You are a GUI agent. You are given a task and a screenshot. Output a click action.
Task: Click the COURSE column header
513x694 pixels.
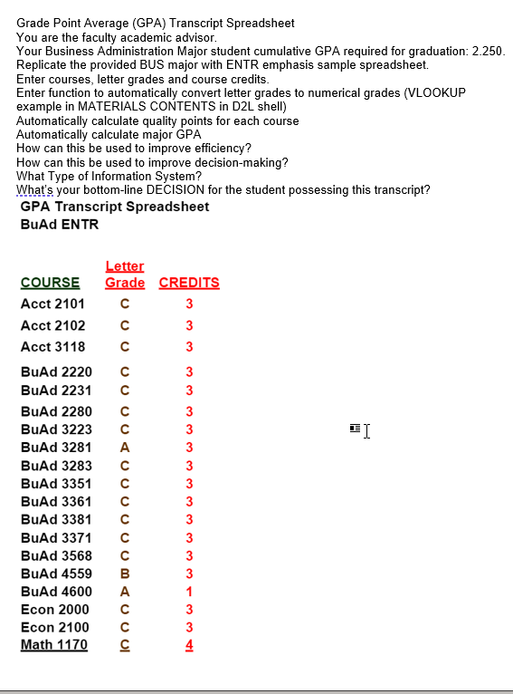(50, 283)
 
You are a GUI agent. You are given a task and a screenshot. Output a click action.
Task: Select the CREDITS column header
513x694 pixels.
(189, 283)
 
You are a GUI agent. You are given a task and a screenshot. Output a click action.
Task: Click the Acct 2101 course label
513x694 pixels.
(52, 304)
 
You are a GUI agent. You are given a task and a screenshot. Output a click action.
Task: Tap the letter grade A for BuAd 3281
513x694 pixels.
(125, 447)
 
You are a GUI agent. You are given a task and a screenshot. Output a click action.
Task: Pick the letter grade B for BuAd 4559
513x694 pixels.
(125, 573)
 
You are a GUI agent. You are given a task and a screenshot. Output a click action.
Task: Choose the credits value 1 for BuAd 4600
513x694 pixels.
(189, 592)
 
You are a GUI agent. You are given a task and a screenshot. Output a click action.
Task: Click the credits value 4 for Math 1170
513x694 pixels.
(189, 645)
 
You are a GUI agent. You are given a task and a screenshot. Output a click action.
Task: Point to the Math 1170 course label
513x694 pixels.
(54, 645)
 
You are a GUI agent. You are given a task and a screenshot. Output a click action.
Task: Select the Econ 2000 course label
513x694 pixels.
(54, 610)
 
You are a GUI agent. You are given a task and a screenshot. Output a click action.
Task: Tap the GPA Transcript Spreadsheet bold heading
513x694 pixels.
(114, 207)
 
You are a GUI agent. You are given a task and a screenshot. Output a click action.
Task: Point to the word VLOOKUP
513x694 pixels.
(438, 93)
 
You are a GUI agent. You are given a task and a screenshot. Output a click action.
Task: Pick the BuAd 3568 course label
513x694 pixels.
(56, 555)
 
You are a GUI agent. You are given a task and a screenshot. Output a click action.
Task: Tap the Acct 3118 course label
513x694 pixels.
(52, 347)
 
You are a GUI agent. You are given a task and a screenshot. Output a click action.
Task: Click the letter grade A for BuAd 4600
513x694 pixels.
(125, 592)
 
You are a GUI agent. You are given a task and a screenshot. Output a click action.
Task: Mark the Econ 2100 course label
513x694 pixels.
(54, 627)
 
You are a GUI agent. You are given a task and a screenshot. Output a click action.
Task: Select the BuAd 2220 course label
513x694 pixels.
(56, 371)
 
